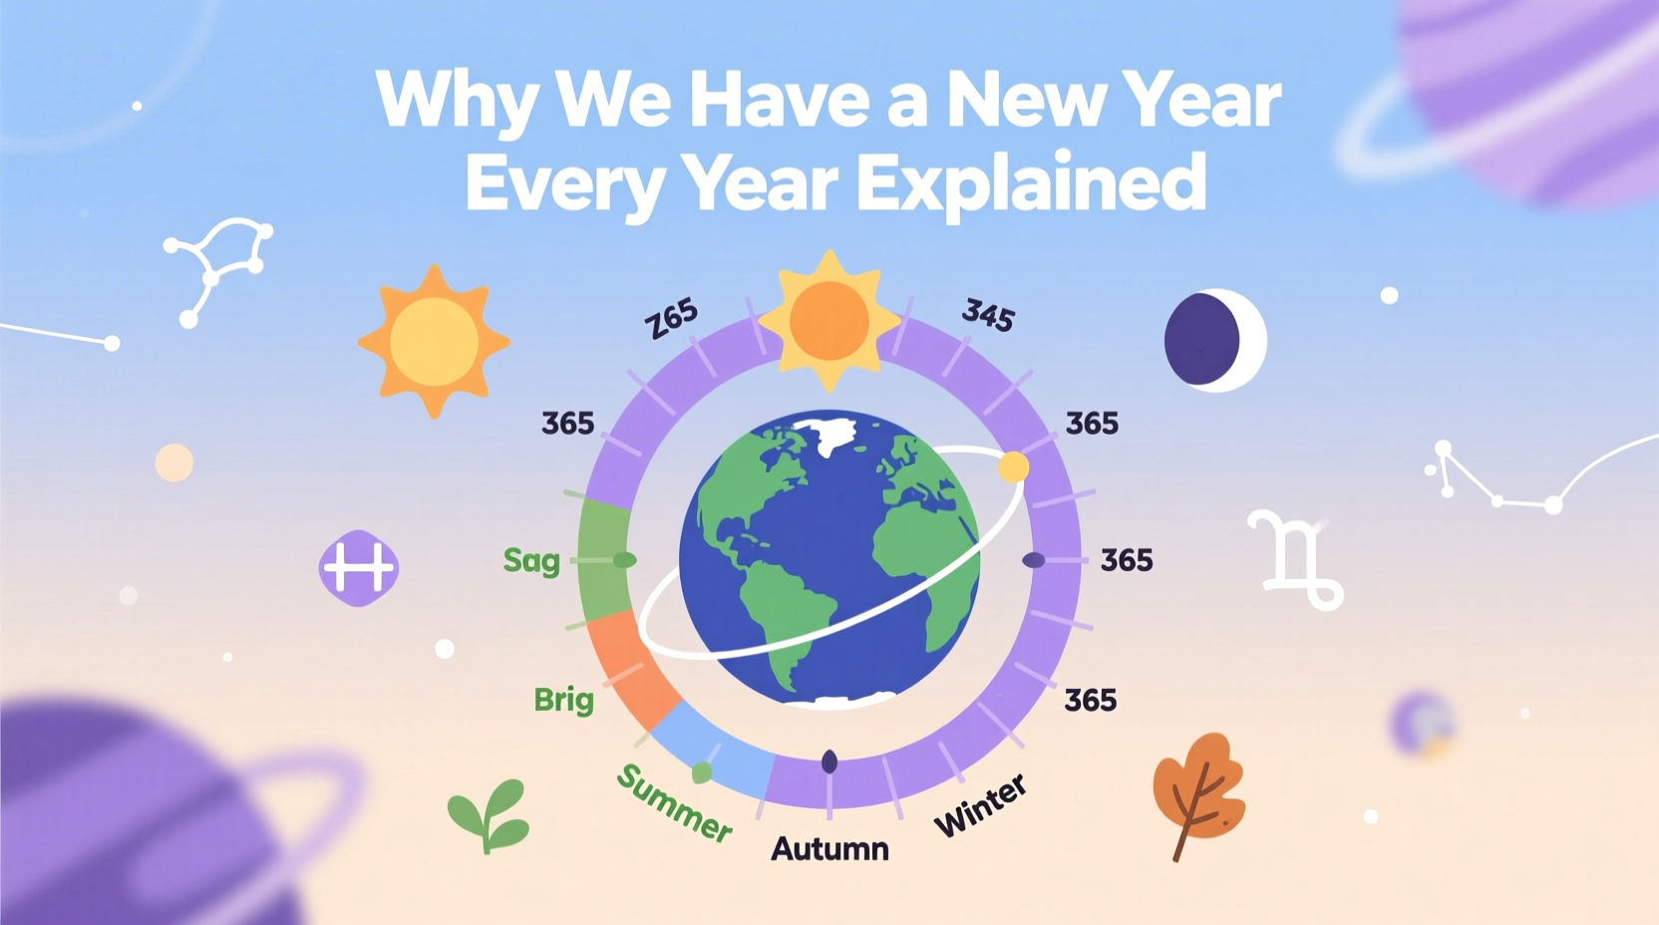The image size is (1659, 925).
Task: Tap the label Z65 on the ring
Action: tap(672, 319)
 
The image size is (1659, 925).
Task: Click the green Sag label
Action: tap(531, 560)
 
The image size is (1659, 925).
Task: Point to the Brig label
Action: tap(563, 700)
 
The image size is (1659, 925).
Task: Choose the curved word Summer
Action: tap(674, 802)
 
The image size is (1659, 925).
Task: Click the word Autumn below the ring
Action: tap(829, 849)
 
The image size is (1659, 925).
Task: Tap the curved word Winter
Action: tap(980, 805)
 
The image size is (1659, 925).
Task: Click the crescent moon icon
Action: tap(1214, 340)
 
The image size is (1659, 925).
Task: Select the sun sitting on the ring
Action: tap(829, 320)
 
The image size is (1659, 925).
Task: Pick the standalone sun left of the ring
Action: tap(434, 341)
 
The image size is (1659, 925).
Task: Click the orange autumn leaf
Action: tap(1198, 792)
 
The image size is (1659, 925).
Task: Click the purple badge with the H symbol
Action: tap(359, 568)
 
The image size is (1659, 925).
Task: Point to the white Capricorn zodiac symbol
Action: tap(1295, 559)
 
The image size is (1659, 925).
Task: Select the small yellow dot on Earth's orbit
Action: tap(1013, 466)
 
